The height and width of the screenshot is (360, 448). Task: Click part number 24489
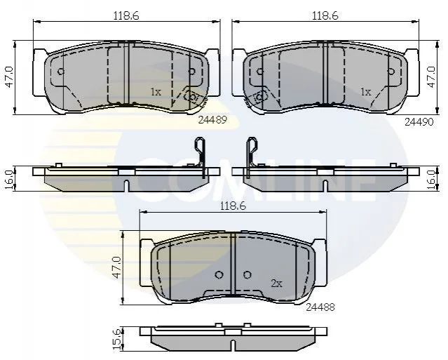click(212, 120)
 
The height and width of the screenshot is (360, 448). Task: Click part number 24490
click(419, 122)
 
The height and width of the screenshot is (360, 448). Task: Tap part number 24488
click(320, 307)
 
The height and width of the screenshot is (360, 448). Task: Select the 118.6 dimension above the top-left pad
click(126, 15)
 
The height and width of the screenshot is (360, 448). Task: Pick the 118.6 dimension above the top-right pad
click(325, 15)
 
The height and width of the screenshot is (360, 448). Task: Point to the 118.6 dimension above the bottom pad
click(233, 206)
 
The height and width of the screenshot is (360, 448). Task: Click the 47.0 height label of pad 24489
click(9, 77)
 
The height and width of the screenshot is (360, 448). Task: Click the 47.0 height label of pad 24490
click(431, 77)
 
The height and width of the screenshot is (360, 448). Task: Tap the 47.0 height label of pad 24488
click(117, 267)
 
